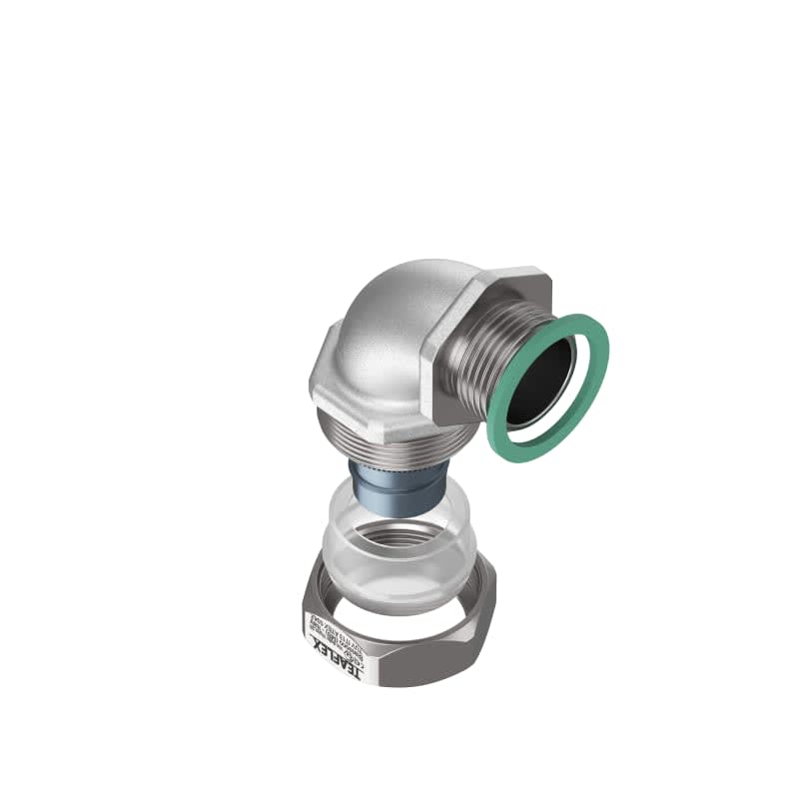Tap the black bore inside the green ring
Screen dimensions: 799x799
tap(542, 380)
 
